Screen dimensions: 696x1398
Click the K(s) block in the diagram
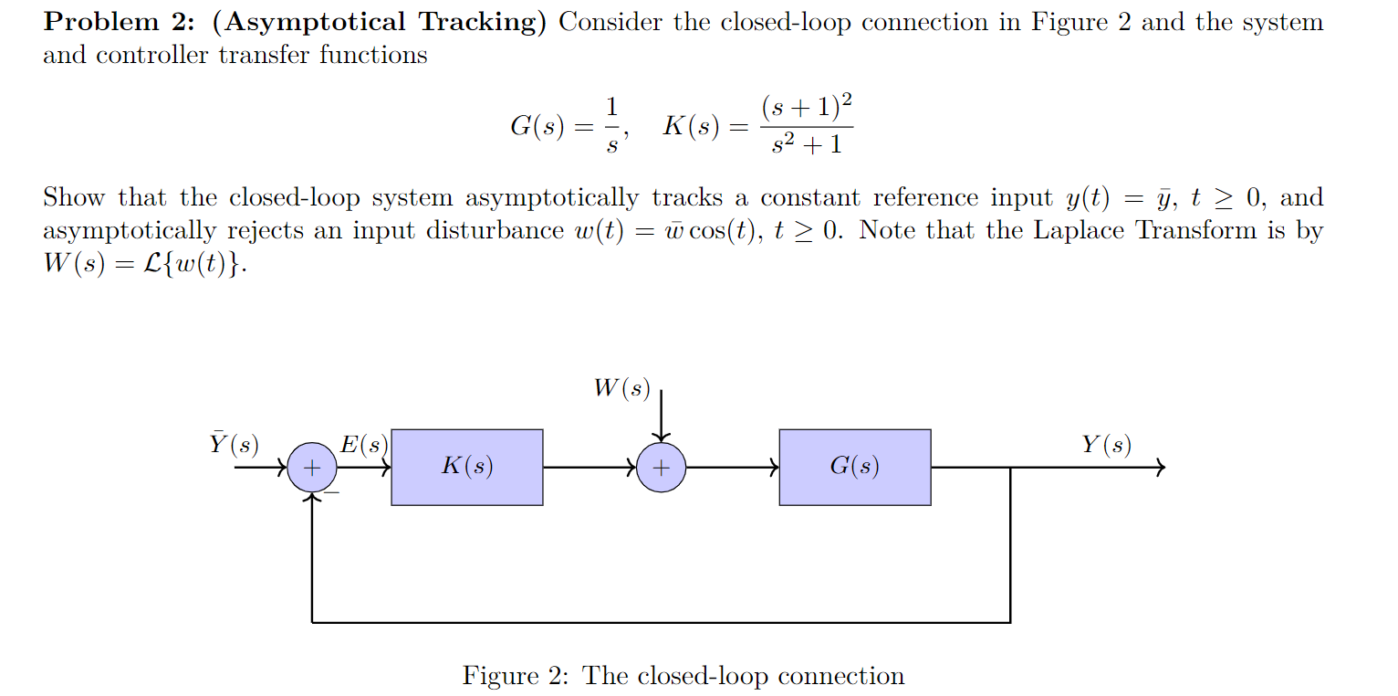tap(466, 467)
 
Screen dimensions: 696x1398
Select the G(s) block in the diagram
tap(854, 467)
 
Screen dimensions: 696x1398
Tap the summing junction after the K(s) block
tap(661, 468)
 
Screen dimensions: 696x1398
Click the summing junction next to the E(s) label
tap(312, 468)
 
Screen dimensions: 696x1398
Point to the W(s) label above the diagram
tap(621, 389)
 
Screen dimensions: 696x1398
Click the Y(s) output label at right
tap(1106, 446)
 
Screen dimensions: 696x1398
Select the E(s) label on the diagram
tap(363, 446)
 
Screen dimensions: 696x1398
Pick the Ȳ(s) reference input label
tap(234, 445)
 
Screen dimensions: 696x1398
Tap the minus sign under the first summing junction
tap(332, 492)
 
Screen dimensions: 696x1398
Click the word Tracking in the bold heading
tap(475, 22)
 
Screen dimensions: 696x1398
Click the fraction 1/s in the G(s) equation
tap(612, 124)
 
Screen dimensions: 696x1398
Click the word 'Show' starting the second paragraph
tap(74, 197)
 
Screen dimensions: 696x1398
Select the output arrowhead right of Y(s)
tap(1160, 468)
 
